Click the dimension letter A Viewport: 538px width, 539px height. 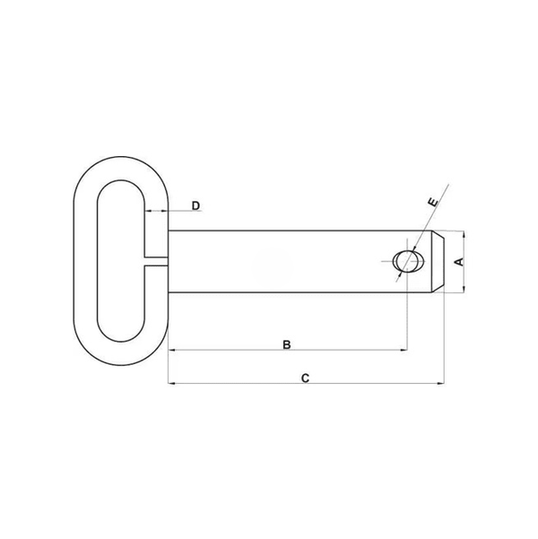(457, 261)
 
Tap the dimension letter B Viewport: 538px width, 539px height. (286, 344)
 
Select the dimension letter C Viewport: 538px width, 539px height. (305, 378)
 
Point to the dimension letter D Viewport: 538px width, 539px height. (195, 206)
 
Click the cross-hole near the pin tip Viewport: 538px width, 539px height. (409, 261)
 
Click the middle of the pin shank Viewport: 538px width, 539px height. (278, 261)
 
